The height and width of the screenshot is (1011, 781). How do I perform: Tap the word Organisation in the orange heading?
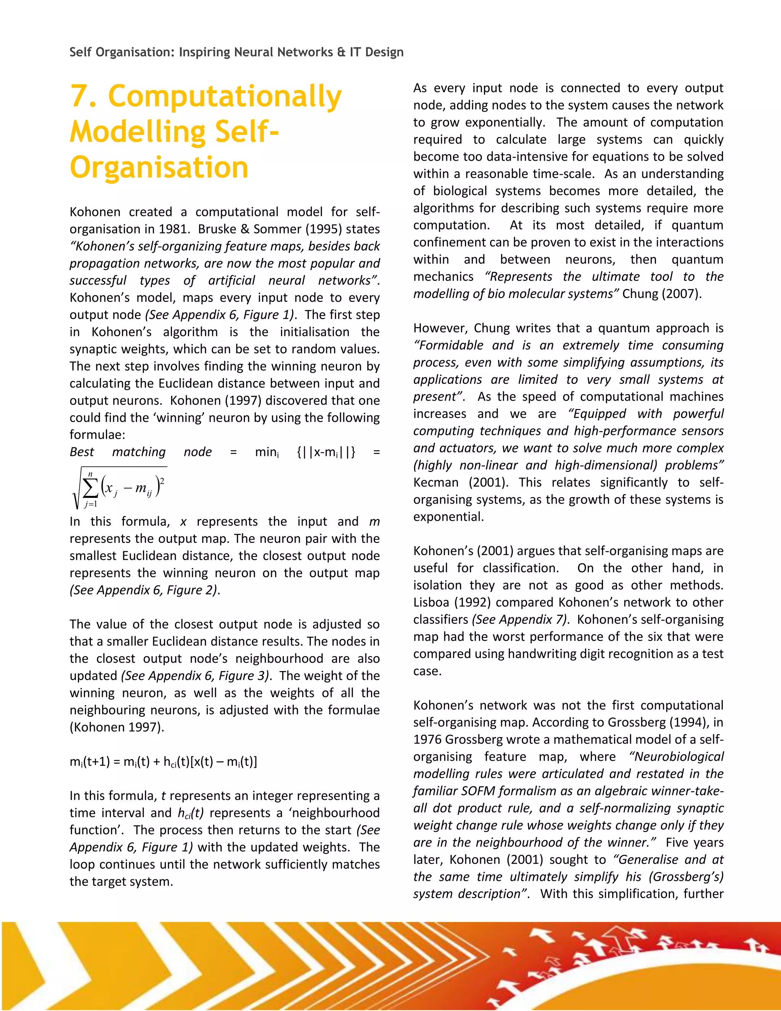coord(159,167)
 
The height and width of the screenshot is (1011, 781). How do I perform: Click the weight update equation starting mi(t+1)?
coord(163,761)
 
